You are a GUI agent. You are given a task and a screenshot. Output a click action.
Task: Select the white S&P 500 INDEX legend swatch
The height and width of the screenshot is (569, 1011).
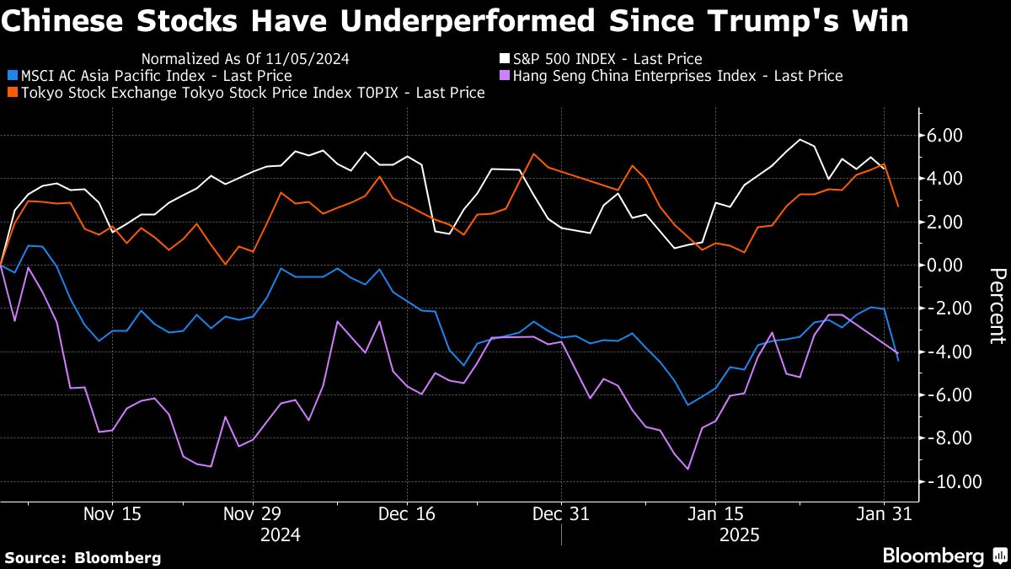point(505,59)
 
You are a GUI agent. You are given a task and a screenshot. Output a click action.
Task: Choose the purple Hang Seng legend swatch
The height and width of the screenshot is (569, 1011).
point(505,76)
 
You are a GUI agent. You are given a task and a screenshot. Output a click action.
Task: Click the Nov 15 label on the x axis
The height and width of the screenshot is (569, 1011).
point(112,514)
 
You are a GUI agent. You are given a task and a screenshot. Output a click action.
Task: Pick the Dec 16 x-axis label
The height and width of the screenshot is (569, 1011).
point(406,514)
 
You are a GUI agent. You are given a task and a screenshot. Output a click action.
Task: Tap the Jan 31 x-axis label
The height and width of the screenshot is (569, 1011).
point(883,514)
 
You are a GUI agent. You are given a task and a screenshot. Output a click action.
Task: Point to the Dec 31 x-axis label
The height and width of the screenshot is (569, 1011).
point(560,514)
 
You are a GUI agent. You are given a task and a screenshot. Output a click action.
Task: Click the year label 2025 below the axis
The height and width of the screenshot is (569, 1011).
point(740,535)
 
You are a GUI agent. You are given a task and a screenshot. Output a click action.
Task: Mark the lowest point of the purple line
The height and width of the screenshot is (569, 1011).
point(688,469)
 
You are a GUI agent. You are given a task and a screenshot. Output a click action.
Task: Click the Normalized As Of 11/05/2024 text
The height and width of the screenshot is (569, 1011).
point(246,59)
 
